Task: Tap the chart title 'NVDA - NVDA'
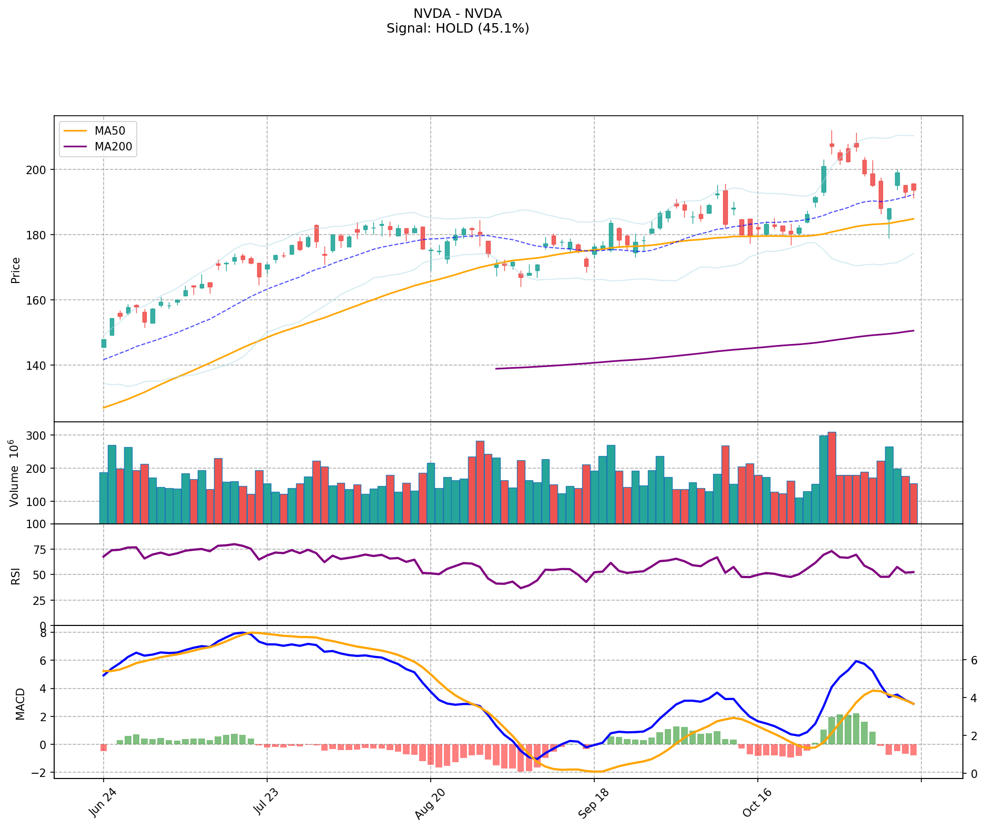(458, 14)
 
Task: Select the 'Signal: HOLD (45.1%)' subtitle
(458, 28)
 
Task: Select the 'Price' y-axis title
(16, 270)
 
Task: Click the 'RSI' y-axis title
(16, 575)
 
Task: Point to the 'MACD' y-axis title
(20, 704)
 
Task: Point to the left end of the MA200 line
(496, 369)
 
